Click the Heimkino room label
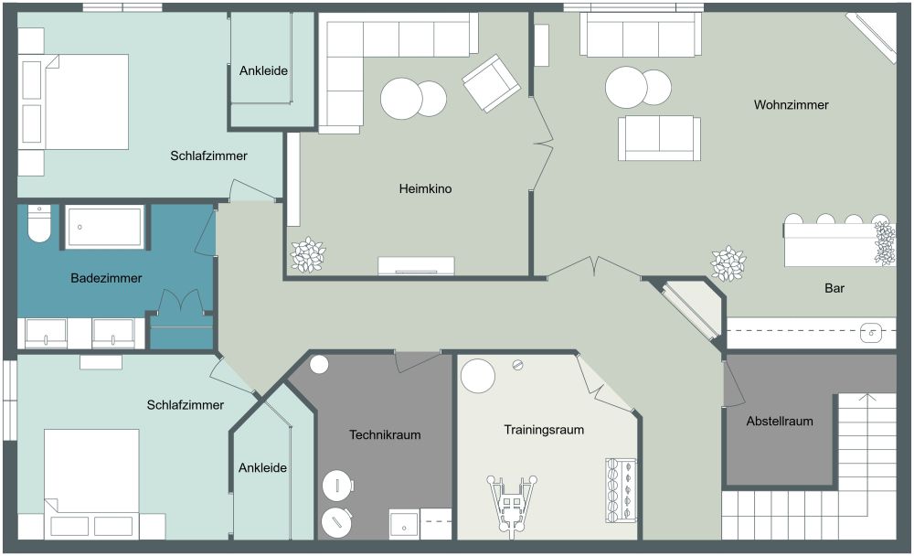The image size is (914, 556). pos(425,189)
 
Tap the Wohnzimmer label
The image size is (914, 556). pos(791,105)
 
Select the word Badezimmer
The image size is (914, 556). pos(106,278)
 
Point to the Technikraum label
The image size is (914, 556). pos(385,435)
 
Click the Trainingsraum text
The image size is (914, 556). pos(543,430)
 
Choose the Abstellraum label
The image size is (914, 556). pos(779,422)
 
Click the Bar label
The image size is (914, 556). pos(834,289)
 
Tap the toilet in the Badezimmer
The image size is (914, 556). pos(39,224)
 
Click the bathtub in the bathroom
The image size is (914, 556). pos(105,226)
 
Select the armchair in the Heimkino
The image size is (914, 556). pos(491,82)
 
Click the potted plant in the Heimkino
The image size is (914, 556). pos(307,255)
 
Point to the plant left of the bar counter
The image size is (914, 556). pos(728,263)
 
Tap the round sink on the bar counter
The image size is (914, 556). pos(871,333)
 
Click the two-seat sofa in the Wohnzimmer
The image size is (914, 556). pos(659,138)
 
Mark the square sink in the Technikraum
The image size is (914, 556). pos(404,524)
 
